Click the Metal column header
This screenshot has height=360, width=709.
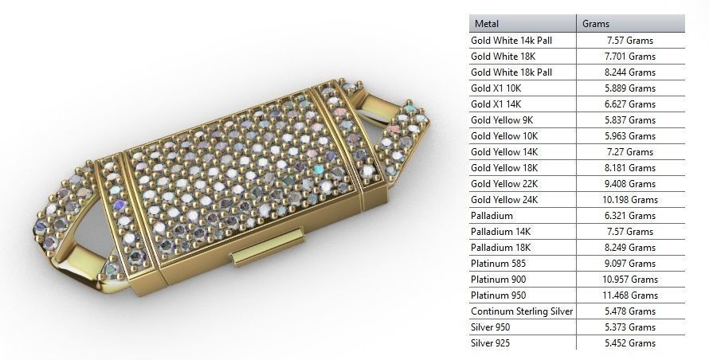(487, 24)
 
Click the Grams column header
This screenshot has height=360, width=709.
(597, 24)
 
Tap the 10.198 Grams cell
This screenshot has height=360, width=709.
(631, 200)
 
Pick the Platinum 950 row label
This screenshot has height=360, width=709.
(498, 295)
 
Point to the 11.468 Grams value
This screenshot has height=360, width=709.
(631, 295)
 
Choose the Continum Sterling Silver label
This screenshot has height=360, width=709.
(522, 311)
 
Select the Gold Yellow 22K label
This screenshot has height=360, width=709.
(504, 184)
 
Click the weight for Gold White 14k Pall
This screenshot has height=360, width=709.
(630, 40)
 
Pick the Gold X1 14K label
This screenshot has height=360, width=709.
(496, 104)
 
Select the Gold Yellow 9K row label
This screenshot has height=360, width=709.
(502, 119)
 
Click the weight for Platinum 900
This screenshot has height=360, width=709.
(631, 280)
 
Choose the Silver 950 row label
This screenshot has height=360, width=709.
(491, 327)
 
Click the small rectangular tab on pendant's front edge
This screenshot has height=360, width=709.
(267, 246)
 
